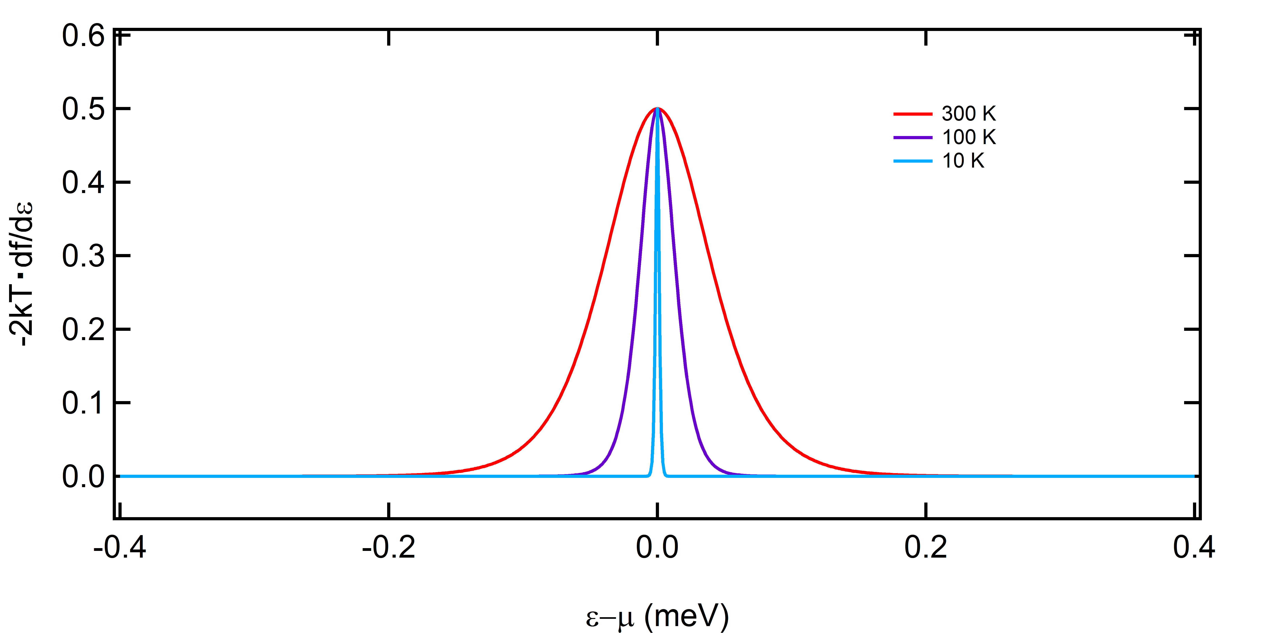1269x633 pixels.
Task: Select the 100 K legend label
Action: click(969, 137)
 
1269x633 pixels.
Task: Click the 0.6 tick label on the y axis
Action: click(83, 37)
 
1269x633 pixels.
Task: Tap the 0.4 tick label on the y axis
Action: click(83, 183)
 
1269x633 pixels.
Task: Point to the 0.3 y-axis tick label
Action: click(83, 256)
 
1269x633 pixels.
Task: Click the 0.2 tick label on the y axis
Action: click(83, 330)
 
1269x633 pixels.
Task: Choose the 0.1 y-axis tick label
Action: click(83, 403)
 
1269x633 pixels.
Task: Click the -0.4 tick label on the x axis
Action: click(120, 547)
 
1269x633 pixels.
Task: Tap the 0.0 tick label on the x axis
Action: click(657, 547)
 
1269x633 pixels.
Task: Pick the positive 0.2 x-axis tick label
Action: click(926, 547)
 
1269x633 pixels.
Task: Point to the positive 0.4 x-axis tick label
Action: click(1194, 547)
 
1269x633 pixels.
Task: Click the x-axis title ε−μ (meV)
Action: click(657, 616)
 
